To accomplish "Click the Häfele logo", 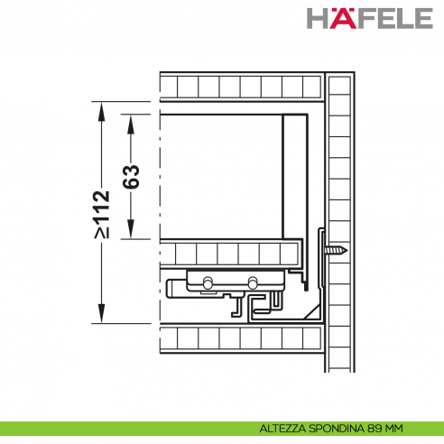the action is coord(370,18).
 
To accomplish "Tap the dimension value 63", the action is coord(131,177).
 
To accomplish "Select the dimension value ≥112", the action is coord(102,215).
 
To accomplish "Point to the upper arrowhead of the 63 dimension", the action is coord(131,125).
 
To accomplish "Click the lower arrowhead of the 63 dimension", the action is coord(131,229).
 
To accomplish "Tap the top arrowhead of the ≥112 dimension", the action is coord(102,112).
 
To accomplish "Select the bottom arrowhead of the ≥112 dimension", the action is coord(102,313).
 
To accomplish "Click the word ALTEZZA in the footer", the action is coord(282,429).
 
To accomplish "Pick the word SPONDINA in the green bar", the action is coord(337,429).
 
